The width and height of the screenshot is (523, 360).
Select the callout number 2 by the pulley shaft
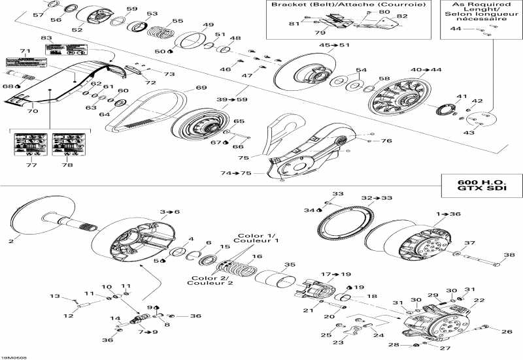click(10, 241)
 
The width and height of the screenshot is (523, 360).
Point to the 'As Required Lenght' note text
click(482, 11)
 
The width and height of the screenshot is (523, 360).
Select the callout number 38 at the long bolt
click(508, 255)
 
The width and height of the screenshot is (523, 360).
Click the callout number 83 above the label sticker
click(46, 39)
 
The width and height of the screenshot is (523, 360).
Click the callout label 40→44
click(426, 69)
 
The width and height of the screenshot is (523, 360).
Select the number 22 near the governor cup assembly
click(479, 301)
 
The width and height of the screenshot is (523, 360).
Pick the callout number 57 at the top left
click(39, 14)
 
